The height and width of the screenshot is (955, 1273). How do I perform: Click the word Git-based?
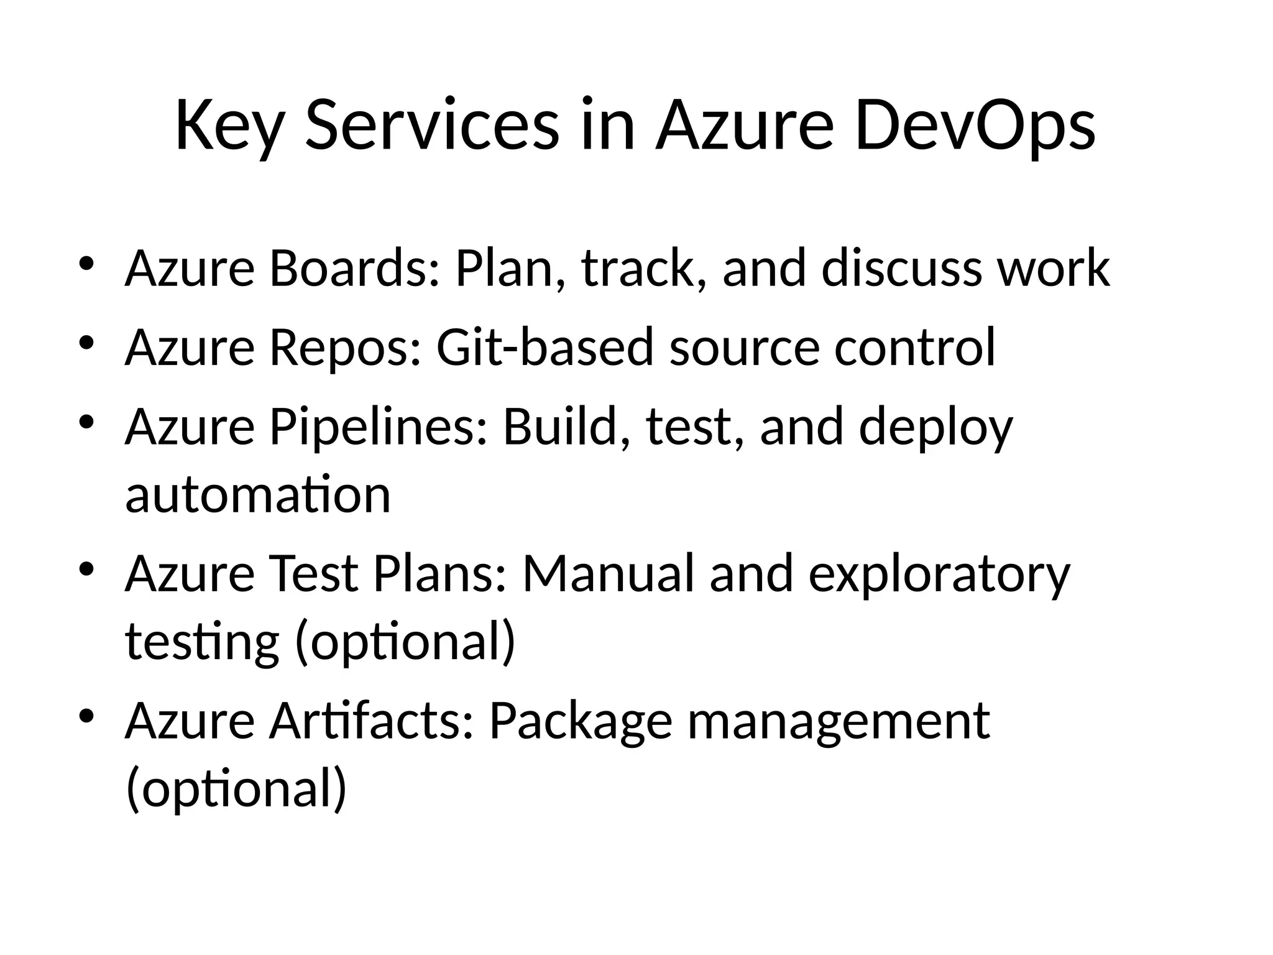(x=545, y=347)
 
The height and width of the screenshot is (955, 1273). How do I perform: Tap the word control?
(x=915, y=347)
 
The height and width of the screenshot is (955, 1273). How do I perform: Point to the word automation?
(x=258, y=495)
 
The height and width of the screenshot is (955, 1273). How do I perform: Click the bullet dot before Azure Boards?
(x=86, y=264)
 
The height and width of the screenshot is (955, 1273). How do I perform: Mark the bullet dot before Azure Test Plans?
(x=86, y=568)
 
